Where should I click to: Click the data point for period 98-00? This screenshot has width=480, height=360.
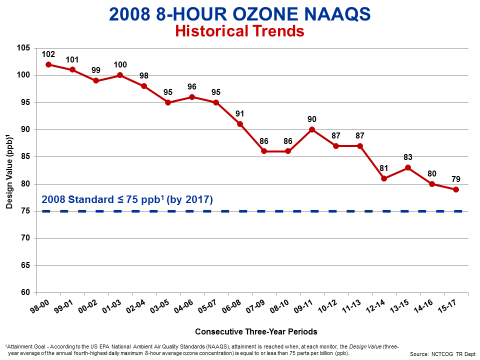tap(48, 64)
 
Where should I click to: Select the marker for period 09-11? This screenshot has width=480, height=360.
tap(312, 129)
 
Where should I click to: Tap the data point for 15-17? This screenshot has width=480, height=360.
tap(456, 189)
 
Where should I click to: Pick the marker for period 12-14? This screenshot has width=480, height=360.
tap(384, 178)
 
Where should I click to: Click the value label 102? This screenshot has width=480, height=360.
tap(48, 54)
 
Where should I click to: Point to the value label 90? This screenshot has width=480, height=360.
tap(312, 119)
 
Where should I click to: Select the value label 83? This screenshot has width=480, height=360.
tap(408, 157)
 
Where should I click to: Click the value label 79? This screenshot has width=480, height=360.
tap(456, 179)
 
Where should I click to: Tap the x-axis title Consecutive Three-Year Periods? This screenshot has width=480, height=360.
tap(256, 331)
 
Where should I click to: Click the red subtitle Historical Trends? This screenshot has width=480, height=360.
tap(239, 31)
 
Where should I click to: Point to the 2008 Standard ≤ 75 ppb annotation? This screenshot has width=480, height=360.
tap(127, 199)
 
